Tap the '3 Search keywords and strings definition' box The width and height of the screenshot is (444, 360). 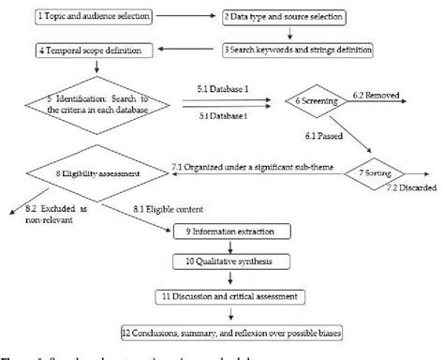pyautogui.click(x=299, y=49)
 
